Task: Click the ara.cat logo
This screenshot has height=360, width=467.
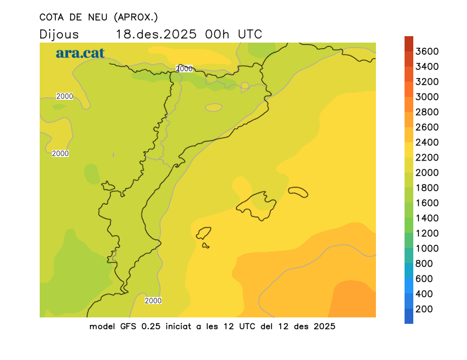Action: point(80,53)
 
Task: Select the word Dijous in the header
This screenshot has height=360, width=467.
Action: point(59,34)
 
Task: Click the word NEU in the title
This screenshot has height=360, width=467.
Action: point(96,17)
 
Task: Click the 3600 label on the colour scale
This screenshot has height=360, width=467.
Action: point(427,51)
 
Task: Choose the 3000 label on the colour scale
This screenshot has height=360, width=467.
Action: point(427,97)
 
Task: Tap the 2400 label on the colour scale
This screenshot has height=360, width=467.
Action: point(427,142)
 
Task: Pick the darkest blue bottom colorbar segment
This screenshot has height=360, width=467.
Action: point(409,316)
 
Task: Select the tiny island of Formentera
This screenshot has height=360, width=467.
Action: point(205,246)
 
